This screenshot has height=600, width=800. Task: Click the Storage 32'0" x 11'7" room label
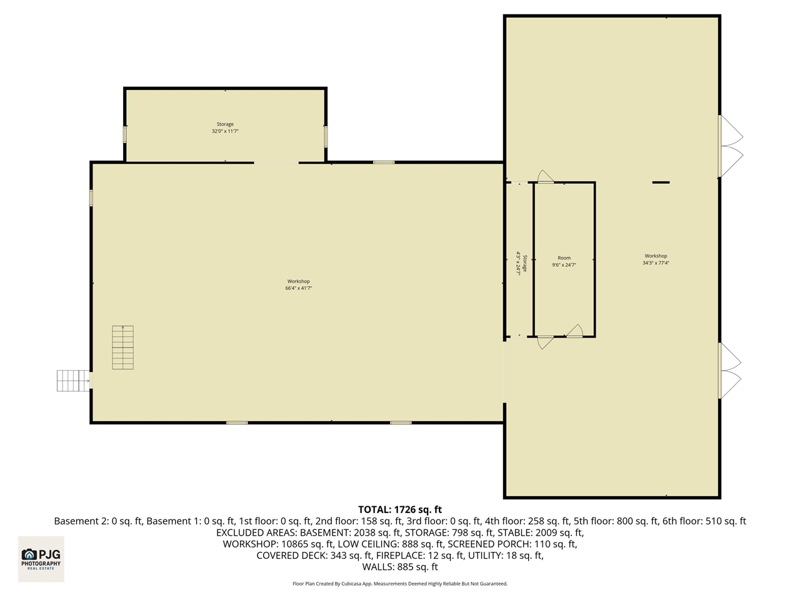pyautogui.click(x=225, y=128)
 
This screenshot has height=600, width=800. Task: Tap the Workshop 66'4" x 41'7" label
pyautogui.click(x=299, y=285)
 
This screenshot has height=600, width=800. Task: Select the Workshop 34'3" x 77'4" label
pyautogui.click(x=656, y=259)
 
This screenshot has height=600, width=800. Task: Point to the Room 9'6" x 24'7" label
pyautogui.click(x=564, y=261)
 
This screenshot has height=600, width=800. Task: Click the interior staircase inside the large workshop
pyautogui.click(x=122, y=347)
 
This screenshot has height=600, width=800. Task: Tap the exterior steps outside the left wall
pyautogui.click(x=74, y=381)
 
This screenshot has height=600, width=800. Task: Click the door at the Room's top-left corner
pyautogui.click(x=545, y=177)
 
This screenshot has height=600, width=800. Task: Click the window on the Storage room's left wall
pyautogui.click(x=125, y=134)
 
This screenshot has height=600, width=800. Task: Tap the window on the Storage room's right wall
pyautogui.click(x=326, y=136)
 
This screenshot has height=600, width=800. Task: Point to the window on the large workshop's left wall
pyautogui.click(x=91, y=198)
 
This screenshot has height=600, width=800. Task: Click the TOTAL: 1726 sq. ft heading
pyautogui.click(x=399, y=510)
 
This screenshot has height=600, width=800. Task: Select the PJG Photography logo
pyautogui.click(x=41, y=558)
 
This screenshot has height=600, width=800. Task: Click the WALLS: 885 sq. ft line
pyautogui.click(x=399, y=567)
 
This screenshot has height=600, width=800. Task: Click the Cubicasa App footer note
pyautogui.click(x=399, y=584)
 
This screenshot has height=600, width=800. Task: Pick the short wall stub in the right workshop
pyautogui.click(x=661, y=182)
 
